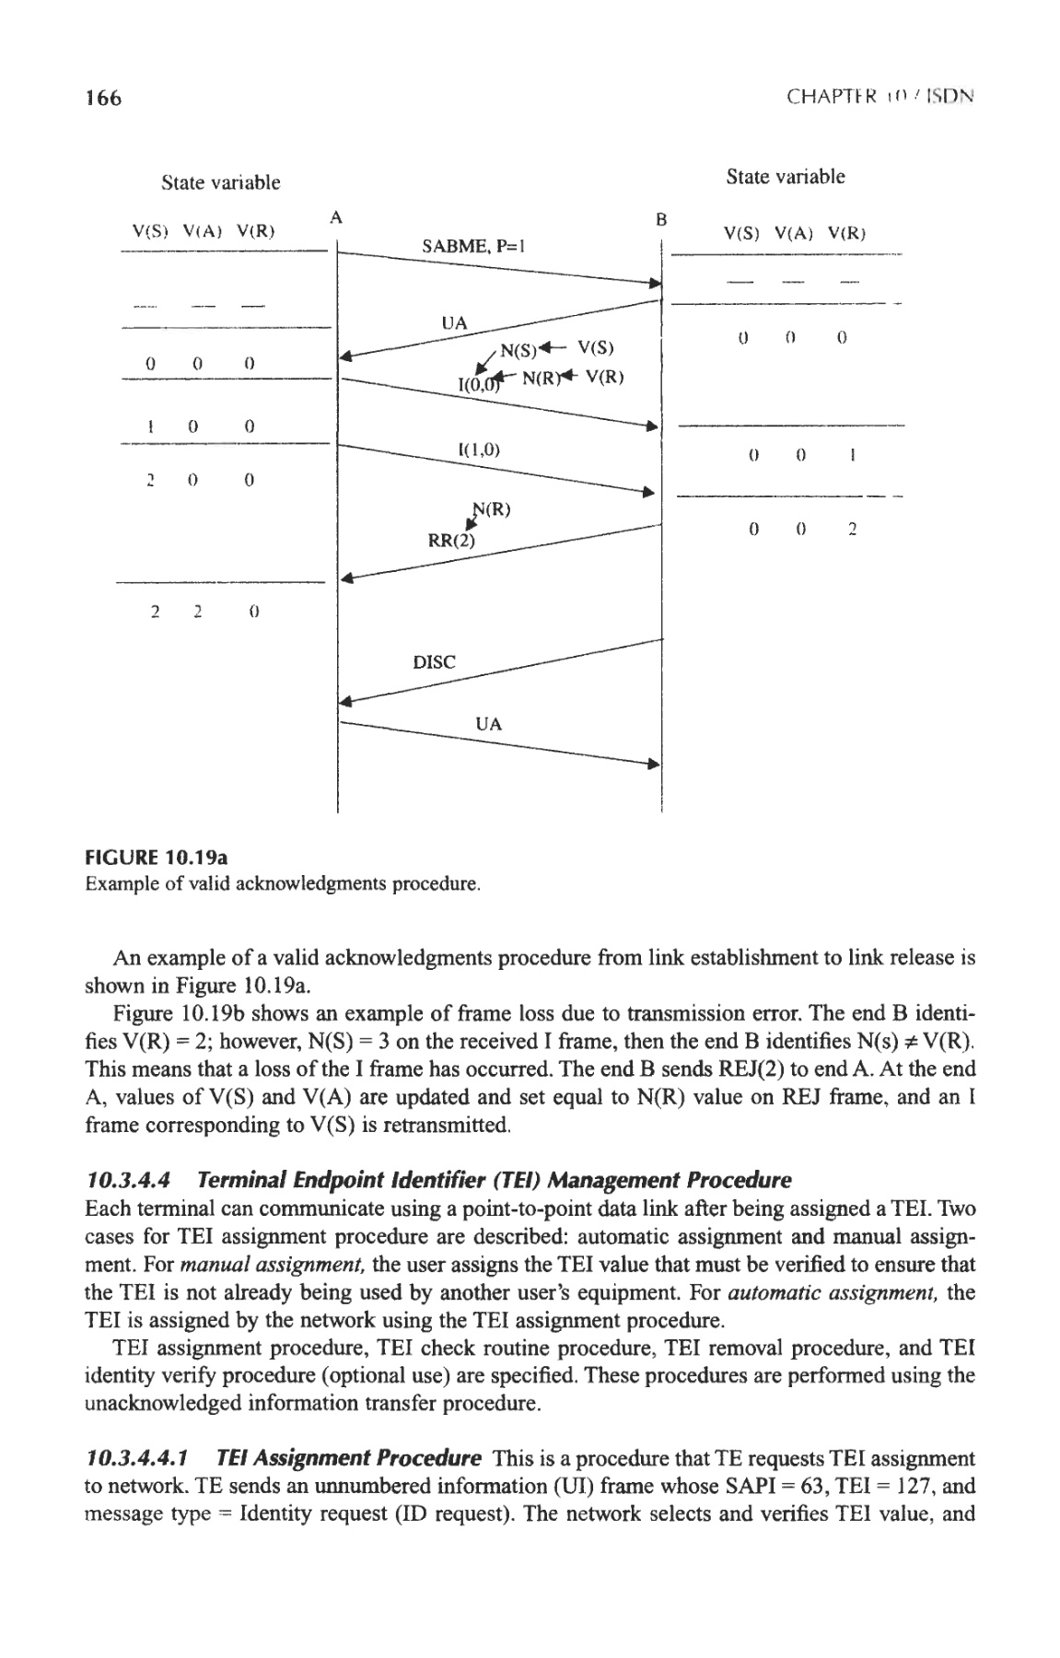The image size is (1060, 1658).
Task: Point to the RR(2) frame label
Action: tap(451, 541)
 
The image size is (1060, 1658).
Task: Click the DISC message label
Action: tap(434, 662)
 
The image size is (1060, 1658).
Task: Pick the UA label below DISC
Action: tap(489, 724)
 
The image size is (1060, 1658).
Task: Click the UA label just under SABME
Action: tap(455, 322)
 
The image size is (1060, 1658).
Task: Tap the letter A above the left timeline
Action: tap(337, 217)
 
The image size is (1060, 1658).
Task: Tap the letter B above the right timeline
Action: tap(660, 220)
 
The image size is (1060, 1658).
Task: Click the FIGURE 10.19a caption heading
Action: tap(157, 858)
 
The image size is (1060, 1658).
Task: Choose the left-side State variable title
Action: tap(220, 182)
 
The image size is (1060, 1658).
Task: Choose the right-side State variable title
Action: tap(785, 176)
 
